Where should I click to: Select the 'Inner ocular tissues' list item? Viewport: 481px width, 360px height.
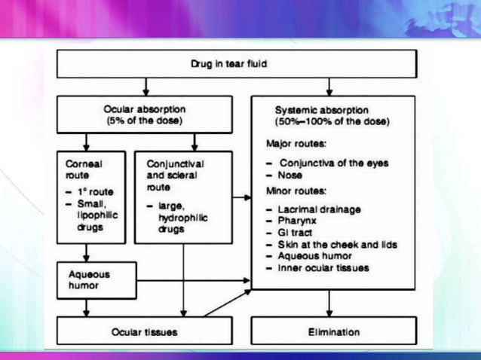323,268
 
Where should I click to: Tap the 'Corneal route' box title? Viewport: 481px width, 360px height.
80,167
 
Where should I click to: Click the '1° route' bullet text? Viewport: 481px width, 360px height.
93,192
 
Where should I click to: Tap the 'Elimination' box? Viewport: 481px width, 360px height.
334,331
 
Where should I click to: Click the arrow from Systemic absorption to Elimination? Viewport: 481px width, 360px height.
329,303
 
